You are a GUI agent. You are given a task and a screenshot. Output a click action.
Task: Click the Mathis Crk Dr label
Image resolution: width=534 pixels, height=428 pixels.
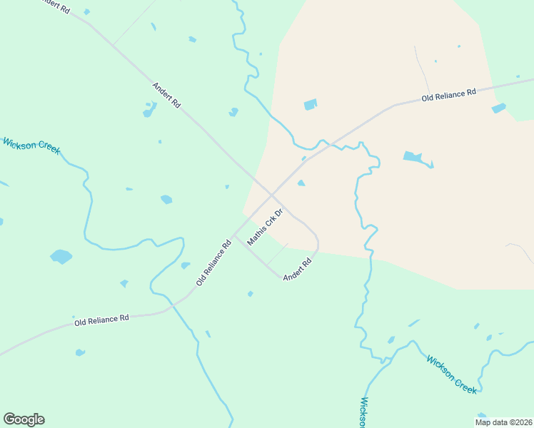265,228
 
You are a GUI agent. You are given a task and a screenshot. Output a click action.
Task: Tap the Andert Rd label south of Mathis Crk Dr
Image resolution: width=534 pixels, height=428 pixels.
298,269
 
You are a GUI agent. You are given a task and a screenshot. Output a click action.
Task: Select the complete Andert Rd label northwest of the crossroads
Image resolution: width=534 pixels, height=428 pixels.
166,96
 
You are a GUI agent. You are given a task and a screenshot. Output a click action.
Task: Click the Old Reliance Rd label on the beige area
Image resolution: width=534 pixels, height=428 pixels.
448,95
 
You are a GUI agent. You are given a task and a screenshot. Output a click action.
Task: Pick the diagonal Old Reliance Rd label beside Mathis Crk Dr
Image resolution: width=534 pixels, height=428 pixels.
214,263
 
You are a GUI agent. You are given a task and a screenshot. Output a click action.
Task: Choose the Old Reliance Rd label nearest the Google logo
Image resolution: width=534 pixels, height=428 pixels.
101,320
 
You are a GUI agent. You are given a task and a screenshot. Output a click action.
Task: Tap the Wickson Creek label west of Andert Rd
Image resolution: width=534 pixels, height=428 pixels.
32,146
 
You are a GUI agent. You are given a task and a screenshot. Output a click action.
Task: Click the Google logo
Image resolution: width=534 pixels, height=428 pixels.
24,419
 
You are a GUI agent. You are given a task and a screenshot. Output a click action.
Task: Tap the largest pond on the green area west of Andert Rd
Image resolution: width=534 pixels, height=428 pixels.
61,256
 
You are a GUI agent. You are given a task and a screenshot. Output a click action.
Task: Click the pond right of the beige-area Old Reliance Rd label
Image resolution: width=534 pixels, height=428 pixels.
498,108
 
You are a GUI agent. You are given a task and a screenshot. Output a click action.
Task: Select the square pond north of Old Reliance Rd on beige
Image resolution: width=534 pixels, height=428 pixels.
310,105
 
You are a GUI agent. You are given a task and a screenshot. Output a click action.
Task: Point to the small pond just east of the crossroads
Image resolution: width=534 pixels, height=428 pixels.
301,183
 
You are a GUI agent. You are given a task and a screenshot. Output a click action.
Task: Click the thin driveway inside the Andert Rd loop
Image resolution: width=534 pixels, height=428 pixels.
278,253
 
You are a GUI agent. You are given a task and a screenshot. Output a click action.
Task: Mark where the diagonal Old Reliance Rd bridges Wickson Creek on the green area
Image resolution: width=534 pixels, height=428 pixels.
172,305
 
